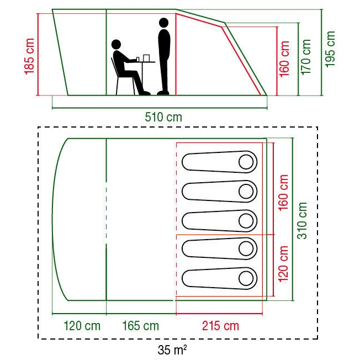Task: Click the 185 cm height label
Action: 29,56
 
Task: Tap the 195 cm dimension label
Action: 330,49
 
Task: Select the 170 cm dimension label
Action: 306,57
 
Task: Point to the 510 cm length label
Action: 163,117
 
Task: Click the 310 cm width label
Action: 302,220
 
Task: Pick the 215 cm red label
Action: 220,326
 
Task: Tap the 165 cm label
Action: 140,326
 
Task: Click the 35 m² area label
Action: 172,350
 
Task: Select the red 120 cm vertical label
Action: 283,264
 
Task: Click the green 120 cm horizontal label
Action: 82,326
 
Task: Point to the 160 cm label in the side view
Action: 284,59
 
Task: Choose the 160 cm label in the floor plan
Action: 283,192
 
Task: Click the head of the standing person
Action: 163,23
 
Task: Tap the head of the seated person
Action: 116,44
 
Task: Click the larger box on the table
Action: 146,58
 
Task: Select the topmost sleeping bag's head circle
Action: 246,162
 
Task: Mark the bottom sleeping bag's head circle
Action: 246,278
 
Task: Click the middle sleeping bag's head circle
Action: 246,221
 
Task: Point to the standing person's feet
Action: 163,93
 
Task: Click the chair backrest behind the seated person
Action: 115,67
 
